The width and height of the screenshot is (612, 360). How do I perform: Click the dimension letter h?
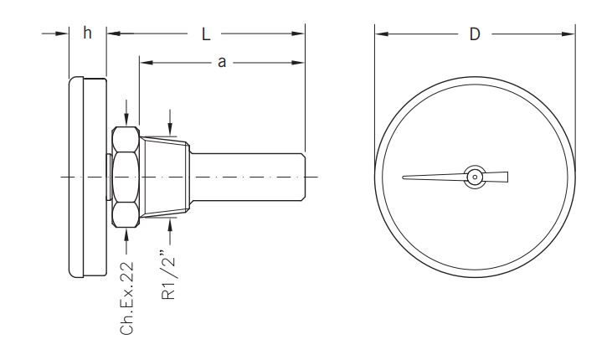point(87,33)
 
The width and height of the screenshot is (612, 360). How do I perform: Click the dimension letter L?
point(206,33)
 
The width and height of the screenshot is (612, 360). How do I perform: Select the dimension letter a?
point(222,63)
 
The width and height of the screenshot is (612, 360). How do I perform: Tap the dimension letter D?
point(474,34)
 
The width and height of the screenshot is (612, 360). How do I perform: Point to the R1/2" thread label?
point(170,271)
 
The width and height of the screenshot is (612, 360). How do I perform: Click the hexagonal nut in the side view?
point(126,177)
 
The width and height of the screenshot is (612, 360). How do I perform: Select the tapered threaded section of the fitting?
point(167,177)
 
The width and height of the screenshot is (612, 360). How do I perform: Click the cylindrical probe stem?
point(251,177)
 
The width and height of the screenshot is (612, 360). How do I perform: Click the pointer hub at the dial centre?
point(475,177)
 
